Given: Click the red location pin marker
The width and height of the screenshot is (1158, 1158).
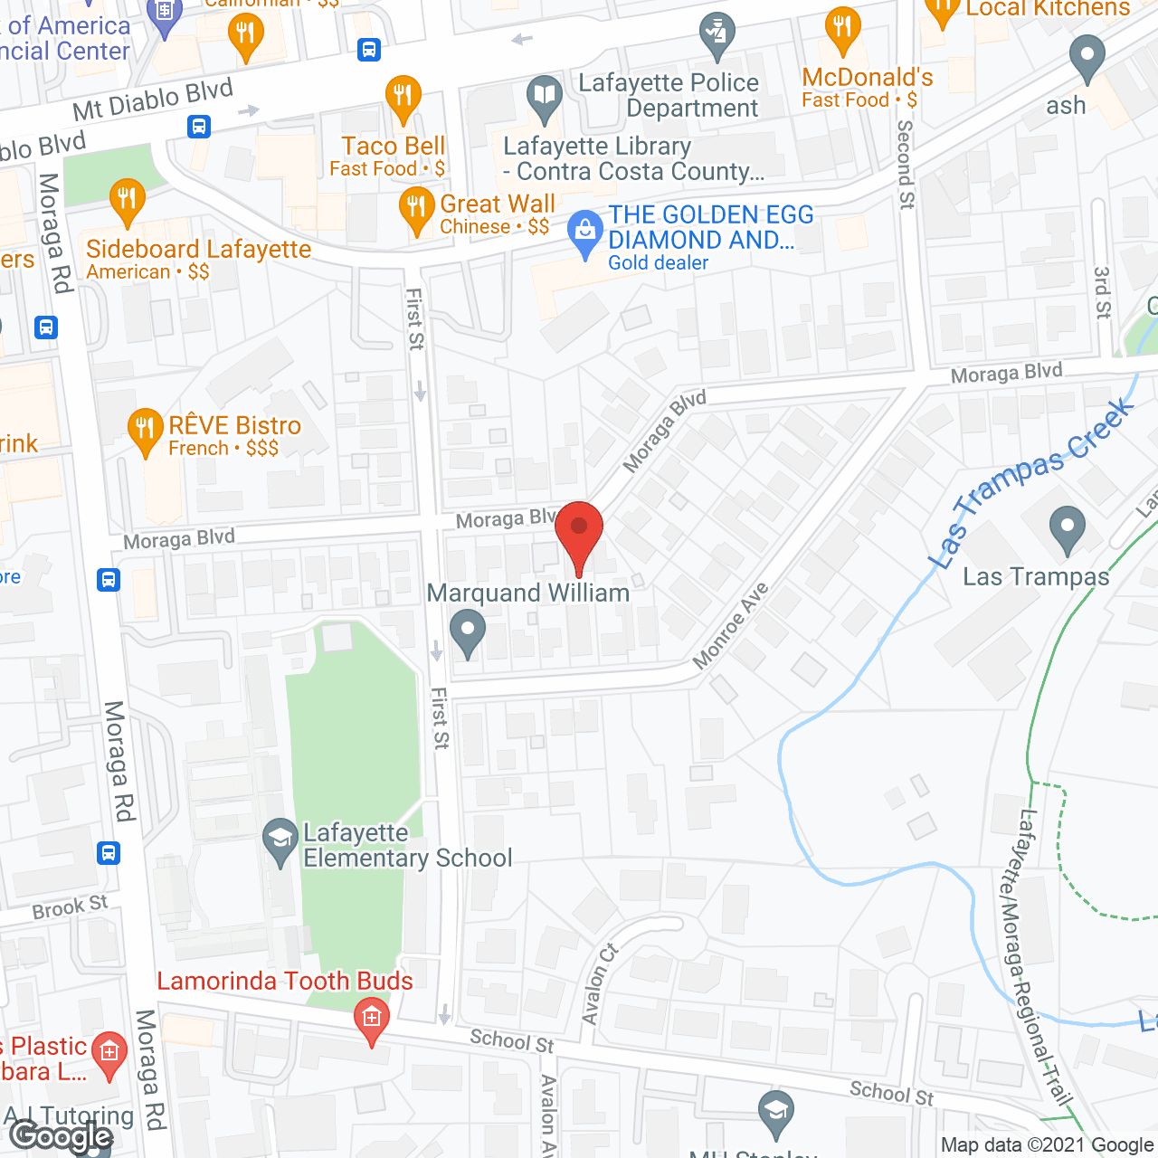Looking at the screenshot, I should pos(579,534).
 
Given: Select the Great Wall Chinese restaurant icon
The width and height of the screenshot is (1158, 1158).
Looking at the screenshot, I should pos(416,210).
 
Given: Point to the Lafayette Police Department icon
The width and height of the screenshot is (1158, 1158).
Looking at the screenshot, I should pos(717,35).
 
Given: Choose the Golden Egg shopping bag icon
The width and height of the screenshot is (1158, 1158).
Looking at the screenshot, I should pos(585,233).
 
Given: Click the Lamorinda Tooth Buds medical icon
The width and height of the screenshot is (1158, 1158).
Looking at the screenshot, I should pos(371,1020).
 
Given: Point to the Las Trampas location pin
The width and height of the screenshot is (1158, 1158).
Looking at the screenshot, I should pos(1068,528).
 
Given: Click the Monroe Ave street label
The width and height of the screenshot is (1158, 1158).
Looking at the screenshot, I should pos(730,626).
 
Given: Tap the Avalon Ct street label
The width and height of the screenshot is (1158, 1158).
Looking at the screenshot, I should pos(598,984).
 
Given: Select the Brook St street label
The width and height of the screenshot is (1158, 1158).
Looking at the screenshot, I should pos(70,906).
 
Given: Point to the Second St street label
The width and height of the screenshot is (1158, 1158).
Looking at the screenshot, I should pos(905,165).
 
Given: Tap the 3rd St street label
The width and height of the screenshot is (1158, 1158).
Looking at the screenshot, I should pos(1102,292).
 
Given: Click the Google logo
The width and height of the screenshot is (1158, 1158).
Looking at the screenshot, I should pos(62,1136).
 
